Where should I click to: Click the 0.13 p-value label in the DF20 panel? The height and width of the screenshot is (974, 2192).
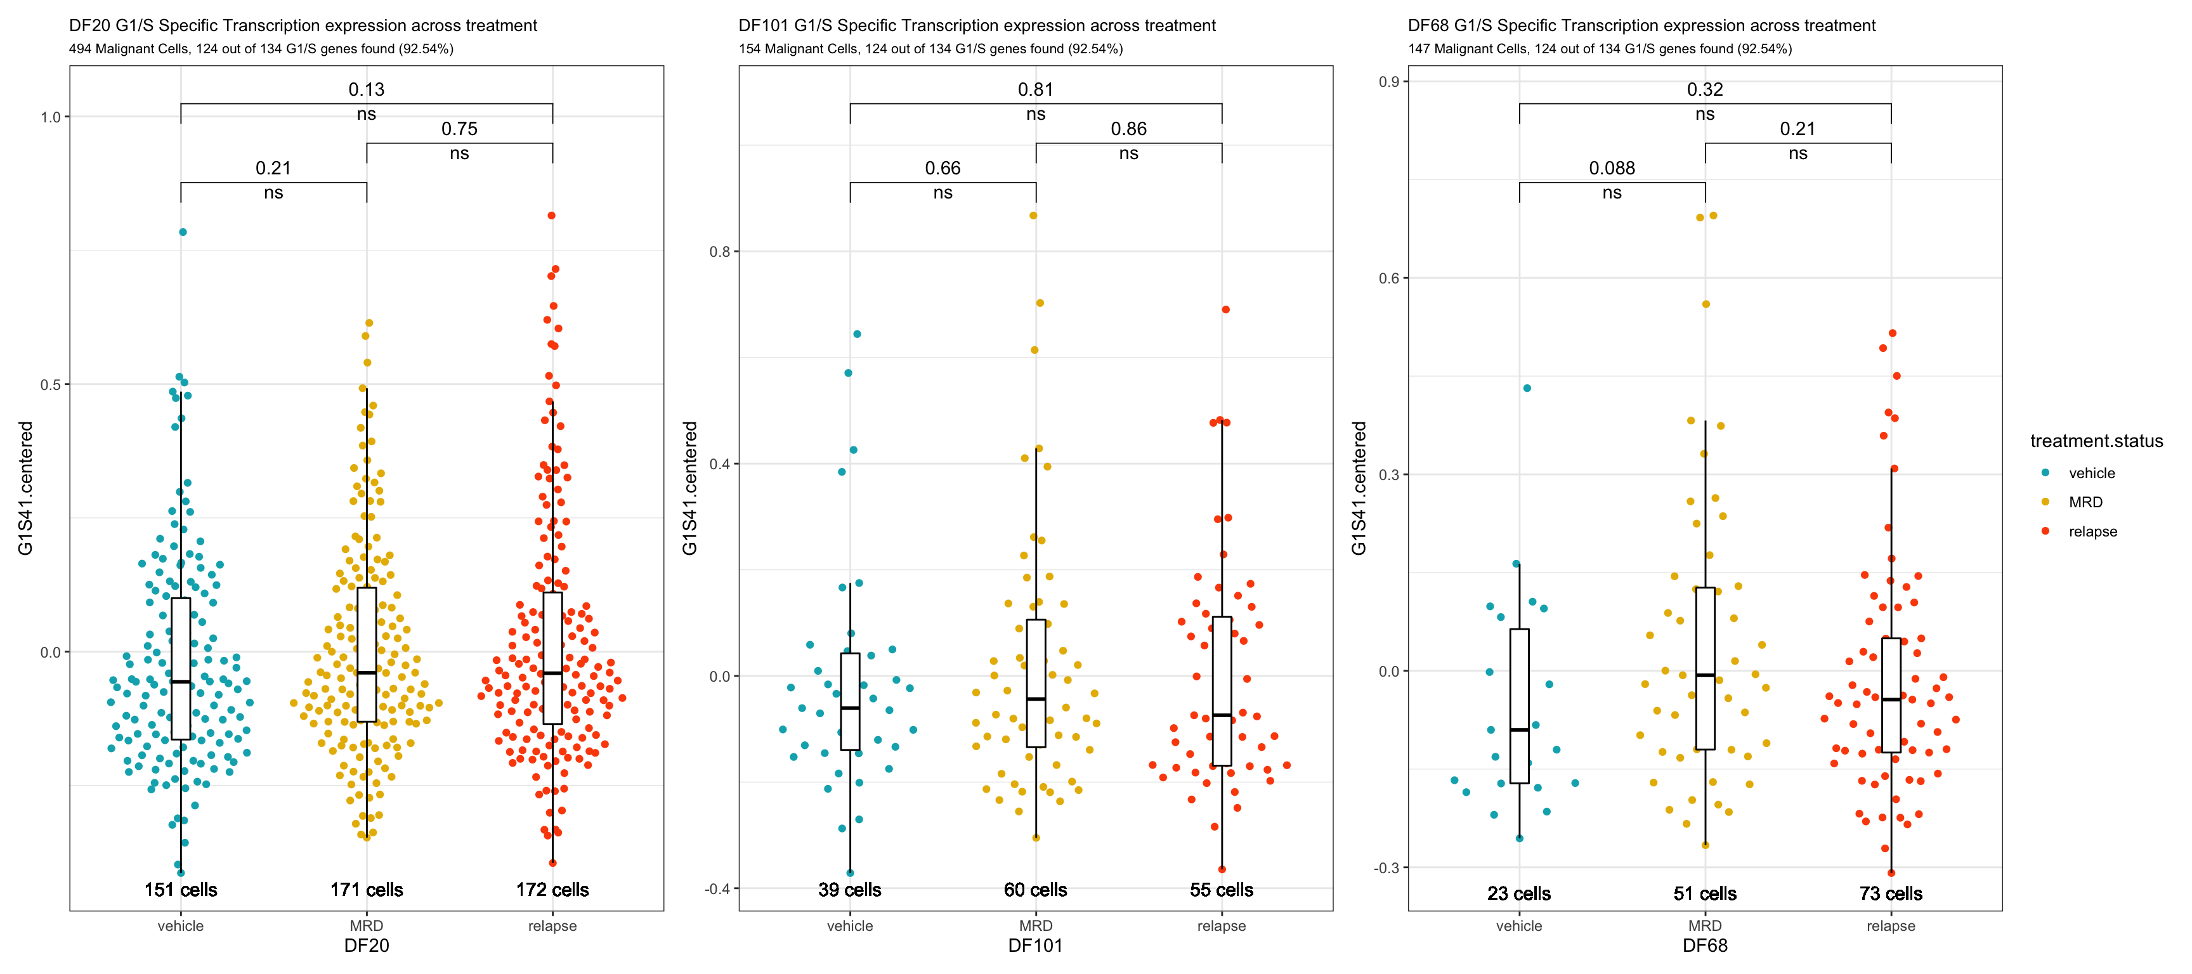tap(366, 89)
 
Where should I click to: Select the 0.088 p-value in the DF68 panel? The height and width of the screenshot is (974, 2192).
tap(1612, 169)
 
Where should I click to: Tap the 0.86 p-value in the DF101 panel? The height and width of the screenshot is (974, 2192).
tap(1128, 129)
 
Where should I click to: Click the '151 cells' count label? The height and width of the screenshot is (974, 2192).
tap(180, 890)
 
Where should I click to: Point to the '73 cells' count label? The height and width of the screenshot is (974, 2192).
tap(1891, 893)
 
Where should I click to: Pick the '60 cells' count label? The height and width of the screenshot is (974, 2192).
tap(1036, 890)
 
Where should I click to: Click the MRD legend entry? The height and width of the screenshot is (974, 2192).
tap(2085, 502)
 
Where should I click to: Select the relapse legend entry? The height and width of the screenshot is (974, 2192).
tap(2092, 531)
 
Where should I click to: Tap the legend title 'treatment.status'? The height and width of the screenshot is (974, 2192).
tap(2096, 441)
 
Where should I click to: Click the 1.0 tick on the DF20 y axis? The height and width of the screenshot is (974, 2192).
tap(51, 117)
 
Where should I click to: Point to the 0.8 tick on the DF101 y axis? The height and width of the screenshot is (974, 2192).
tap(720, 252)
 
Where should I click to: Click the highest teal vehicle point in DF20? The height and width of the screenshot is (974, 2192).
tap(182, 231)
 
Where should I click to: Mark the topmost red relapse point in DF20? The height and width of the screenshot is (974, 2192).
tap(551, 215)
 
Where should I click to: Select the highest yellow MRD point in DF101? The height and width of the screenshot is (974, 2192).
tap(1033, 215)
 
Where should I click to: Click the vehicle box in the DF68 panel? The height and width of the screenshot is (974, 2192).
tap(1519, 706)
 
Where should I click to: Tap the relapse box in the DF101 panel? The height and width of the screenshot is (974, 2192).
tap(1222, 691)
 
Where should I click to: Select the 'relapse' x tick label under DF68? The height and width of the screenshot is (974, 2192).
tap(1891, 926)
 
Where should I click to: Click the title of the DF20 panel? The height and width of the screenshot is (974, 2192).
tap(303, 25)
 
